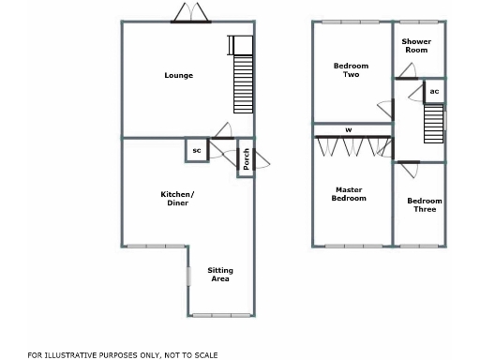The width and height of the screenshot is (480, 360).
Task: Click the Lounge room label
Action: tap(178, 76)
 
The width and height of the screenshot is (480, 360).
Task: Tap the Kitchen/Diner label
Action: tap(178, 198)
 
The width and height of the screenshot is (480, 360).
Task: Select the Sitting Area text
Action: tap(220, 275)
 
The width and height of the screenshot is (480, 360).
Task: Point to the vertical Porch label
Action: tap(247, 160)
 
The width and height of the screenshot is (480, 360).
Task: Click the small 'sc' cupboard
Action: tap(196, 150)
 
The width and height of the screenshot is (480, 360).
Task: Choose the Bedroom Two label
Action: tap(352, 70)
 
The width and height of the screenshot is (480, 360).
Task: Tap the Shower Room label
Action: tap(415, 46)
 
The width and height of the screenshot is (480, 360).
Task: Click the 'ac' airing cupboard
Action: tap(434, 92)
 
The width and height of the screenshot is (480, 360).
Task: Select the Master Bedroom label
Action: tap(350, 194)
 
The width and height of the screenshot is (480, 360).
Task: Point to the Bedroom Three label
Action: tap(425, 204)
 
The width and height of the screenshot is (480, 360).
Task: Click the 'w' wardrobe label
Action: tap(349, 129)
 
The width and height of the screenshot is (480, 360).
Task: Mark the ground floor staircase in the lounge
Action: tap(243, 82)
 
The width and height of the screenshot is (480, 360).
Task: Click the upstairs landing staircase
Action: tap(433, 123)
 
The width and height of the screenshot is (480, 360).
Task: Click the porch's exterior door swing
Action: tap(261, 160)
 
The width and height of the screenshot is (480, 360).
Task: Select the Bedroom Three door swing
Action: tap(407, 170)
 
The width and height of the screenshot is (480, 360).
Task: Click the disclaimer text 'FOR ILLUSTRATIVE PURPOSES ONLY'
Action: tap(123, 354)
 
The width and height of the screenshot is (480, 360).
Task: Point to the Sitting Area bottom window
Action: tap(221, 314)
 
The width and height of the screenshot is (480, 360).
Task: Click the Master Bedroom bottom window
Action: tap(353, 247)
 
